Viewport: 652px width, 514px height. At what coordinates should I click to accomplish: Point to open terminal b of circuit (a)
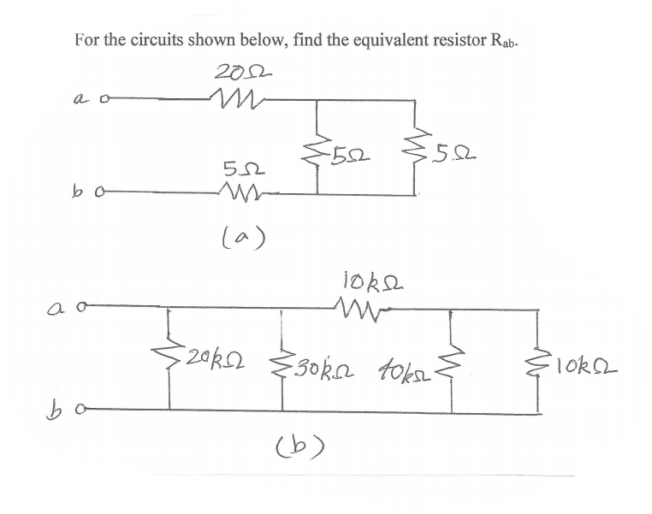point(104,194)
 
